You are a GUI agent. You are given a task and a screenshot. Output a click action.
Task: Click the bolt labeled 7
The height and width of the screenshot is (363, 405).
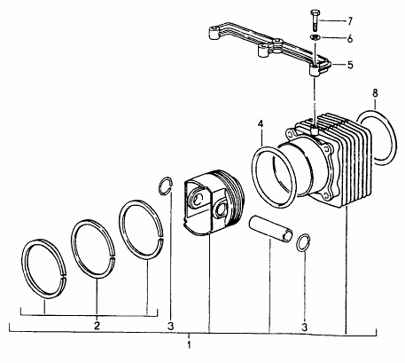tap(315, 20)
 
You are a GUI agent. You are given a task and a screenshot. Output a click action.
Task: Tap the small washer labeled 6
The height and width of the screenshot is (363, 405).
tap(315, 37)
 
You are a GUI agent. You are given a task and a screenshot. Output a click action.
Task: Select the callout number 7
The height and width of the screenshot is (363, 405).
tap(350, 21)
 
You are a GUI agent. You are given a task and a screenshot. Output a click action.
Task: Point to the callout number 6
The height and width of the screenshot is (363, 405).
tap(350, 38)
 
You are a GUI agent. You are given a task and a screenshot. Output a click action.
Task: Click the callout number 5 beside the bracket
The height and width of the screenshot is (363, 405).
tap(350, 65)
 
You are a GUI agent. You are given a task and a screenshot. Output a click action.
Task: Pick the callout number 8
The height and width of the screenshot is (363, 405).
tap(375, 93)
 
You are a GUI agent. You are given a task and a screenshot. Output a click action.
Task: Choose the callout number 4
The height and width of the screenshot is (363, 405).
tap(261, 123)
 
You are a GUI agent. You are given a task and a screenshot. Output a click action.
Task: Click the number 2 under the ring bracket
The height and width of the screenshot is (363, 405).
tap(97, 326)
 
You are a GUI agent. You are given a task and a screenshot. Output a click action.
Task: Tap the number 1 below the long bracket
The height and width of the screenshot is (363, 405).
tap(189, 344)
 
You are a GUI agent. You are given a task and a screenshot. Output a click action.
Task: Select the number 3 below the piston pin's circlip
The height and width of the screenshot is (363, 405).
tap(305, 327)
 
